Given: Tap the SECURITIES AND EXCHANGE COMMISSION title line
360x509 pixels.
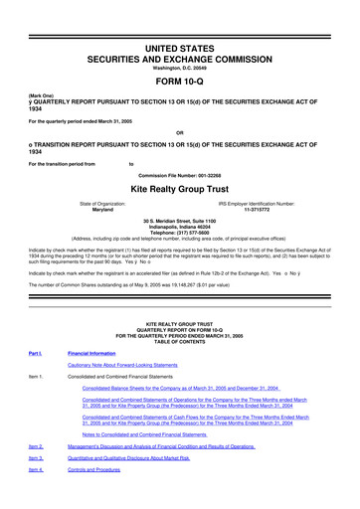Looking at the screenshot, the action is coord(179,31).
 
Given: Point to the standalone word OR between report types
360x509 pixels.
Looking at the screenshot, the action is coord(179,132).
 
